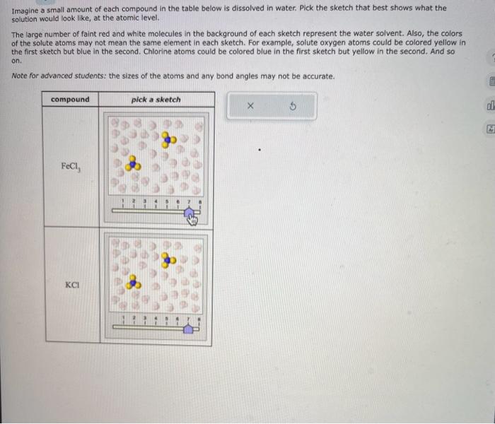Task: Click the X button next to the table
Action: pos(250,106)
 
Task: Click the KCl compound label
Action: pos(71,285)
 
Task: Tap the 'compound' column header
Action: pos(70,100)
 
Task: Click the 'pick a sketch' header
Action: pos(156,100)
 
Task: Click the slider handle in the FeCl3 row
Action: pos(190,219)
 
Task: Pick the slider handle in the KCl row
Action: pos(190,329)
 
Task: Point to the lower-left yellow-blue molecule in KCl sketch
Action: pos(132,284)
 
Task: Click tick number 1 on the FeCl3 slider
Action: pos(122,204)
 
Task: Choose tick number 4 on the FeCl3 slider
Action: pos(156,204)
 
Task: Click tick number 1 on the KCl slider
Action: pos(122,319)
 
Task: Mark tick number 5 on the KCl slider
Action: pos(168,319)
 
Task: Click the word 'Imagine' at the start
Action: pos(28,8)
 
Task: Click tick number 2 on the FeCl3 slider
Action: pos(134,204)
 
